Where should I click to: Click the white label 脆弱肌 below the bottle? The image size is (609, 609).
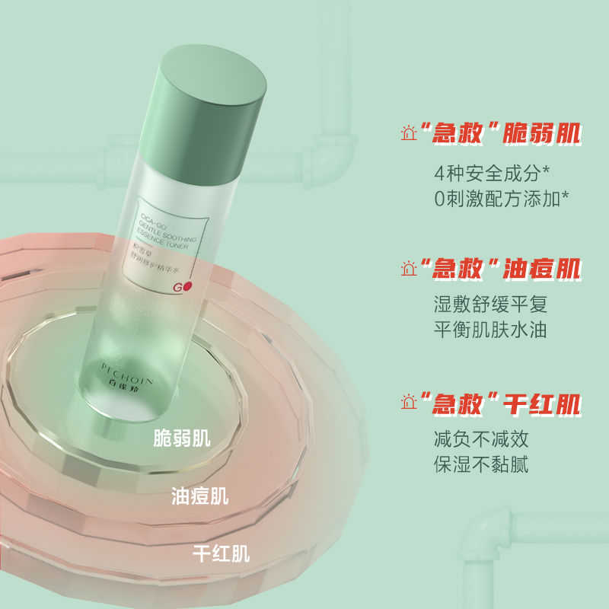182,438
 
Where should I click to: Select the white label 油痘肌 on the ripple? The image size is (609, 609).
200,496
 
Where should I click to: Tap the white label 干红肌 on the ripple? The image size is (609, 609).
222,553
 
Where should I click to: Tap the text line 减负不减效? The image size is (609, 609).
480,438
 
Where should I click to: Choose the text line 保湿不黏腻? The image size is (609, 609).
480,464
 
